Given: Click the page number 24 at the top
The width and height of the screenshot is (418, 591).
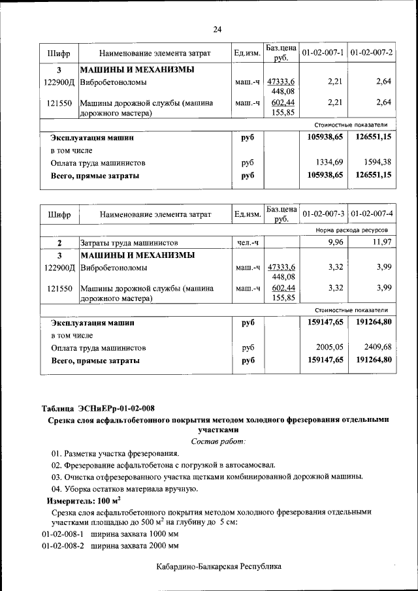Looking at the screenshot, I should pos(217,29).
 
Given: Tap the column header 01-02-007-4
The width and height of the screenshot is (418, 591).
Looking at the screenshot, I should pos(371,214).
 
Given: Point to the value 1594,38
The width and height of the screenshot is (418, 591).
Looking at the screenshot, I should pos(378,162).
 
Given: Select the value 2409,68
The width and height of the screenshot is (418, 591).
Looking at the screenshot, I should pos(378,347).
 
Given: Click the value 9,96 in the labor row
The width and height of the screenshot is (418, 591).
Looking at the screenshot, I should pos(334,242).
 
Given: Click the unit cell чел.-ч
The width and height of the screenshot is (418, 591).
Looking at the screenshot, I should pos(248,242).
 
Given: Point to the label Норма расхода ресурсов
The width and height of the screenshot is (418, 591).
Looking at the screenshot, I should pos(351,231).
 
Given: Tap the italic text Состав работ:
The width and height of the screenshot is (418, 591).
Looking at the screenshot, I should pos(218,442).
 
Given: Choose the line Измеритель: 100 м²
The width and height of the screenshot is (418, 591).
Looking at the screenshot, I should pos(84,500).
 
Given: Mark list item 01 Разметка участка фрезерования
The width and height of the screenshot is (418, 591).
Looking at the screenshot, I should pos(115,453).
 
